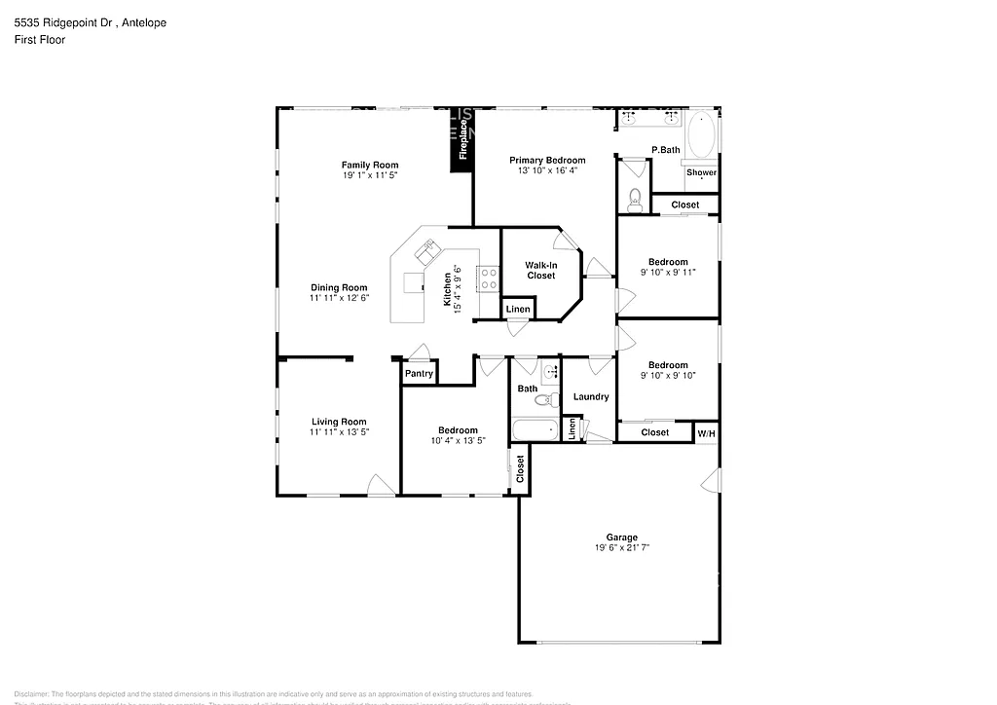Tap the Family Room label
(x=369, y=165)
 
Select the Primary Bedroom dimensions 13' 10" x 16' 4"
(x=547, y=170)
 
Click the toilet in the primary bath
(x=635, y=200)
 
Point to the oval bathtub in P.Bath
(x=700, y=135)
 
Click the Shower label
(x=701, y=172)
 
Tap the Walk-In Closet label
(x=540, y=270)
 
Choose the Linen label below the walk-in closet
(x=518, y=310)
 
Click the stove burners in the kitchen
(x=488, y=279)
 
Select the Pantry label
(x=419, y=373)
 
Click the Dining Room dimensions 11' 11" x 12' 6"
(x=339, y=298)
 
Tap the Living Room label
(x=339, y=422)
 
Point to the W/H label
(x=706, y=432)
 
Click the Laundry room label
(x=591, y=396)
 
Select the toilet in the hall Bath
(x=543, y=399)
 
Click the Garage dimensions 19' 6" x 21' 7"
(x=622, y=548)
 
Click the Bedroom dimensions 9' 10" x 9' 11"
(x=668, y=273)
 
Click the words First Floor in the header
(x=40, y=40)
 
